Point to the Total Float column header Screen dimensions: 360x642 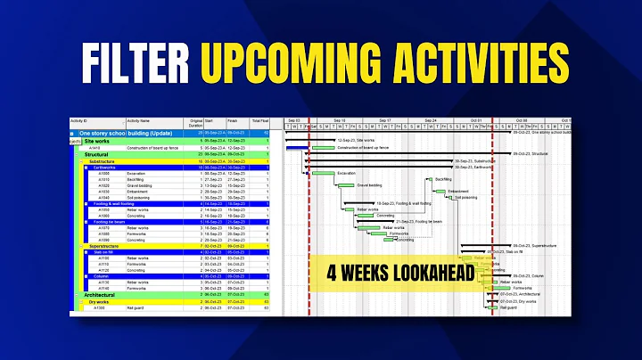pyautogui.click(x=259, y=121)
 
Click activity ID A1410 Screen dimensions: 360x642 pyautogui.click(x=106, y=148)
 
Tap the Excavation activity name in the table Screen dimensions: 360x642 pyautogui.click(x=137, y=173)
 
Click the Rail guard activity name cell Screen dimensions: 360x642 pyautogui.click(x=136, y=308)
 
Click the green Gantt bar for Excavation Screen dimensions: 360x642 pyautogui.click(x=322, y=173)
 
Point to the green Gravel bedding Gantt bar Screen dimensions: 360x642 pyautogui.click(x=346, y=185)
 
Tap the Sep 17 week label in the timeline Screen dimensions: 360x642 pyautogui.click(x=384, y=120)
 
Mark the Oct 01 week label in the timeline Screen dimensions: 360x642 pyautogui.click(x=476, y=120)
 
